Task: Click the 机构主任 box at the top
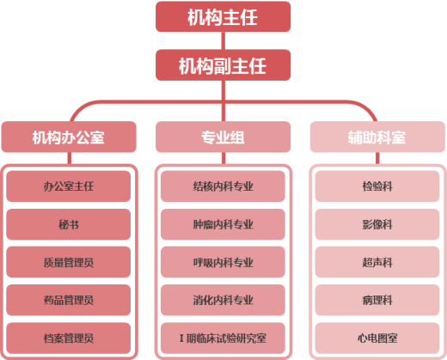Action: [x=223, y=16]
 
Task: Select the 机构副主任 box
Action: [x=223, y=65]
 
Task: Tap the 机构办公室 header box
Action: [x=69, y=137]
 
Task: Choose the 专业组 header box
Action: [x=223, y=137]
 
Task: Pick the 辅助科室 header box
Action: [x=377, y=137]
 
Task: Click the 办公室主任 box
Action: [x=69, y=186]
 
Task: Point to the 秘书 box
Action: [x=69, y=224]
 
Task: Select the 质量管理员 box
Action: [x=69, y=262]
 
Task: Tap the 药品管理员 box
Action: [x=69, y=300]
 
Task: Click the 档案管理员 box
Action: [x=69, y=338]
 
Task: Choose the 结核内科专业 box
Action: [x=223, y=186]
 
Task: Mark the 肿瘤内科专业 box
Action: [x=223, y=224]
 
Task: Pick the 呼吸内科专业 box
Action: [x=223, y=262]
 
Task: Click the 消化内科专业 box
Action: [x=223, y=300]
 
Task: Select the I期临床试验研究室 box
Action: [x=223, y=338]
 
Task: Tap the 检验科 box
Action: [x=377, y=186]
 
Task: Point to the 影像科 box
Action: [x=377, y=224]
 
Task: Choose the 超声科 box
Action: [x=377, y=262]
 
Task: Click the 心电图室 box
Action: [x=377, y=338]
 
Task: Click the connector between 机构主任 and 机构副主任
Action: [x=223, y=40]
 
